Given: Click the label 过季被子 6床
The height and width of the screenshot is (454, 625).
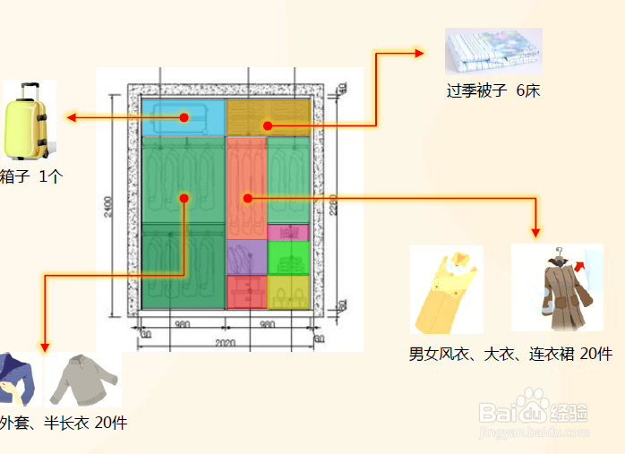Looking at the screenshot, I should [493, 90].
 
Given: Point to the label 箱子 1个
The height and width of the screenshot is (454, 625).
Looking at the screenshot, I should [30, 176].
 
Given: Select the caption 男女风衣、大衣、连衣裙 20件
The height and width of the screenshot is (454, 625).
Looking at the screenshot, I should [510, 355].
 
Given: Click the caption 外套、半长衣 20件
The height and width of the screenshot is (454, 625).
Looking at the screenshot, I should [63, 423].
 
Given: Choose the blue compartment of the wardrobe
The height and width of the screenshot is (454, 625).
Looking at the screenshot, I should [183, 117].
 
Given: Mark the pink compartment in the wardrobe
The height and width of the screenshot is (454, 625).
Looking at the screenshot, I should [287, 232].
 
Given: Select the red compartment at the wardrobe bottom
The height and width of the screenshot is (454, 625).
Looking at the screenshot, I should [246, 292].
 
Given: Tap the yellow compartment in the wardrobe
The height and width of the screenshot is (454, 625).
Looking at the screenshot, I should [288, 291].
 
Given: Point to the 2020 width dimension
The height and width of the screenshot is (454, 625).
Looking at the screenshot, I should [226, 343].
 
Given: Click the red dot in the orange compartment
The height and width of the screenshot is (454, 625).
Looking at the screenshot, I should [248, 198].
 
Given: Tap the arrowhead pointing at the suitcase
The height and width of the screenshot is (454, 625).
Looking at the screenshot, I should [68, 117].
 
